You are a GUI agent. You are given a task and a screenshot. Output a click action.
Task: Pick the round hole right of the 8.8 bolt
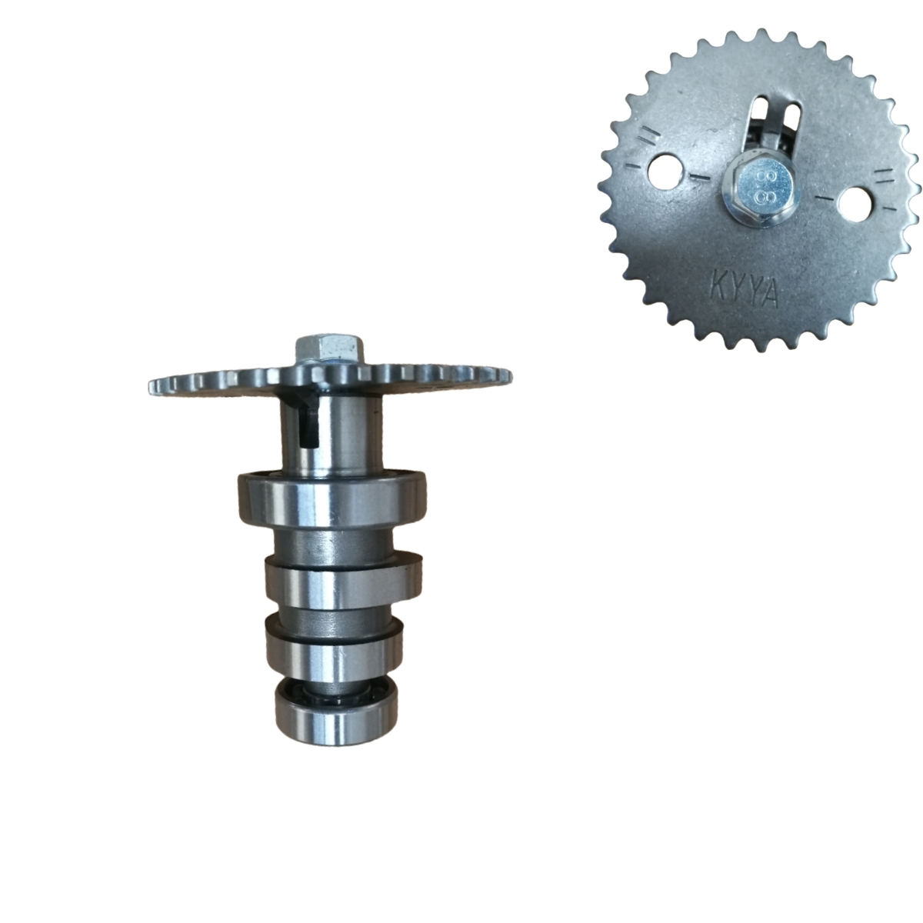(856, 205)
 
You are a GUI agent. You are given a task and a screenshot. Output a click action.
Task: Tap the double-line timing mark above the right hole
(885, 176)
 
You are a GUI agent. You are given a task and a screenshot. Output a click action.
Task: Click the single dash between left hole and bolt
(701, 178)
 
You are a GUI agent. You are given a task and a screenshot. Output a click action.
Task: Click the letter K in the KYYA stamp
(713, 286)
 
